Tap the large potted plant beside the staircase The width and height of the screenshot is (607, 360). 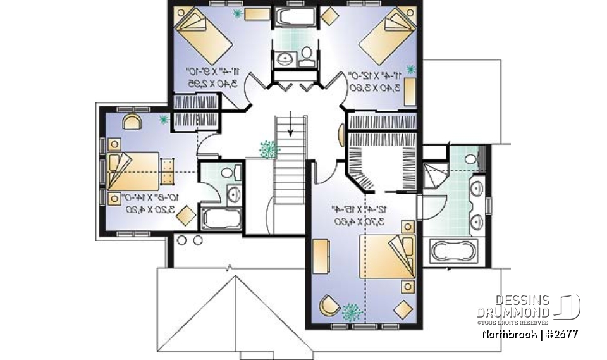(269, 149)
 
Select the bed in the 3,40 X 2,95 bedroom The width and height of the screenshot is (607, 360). (203, 34)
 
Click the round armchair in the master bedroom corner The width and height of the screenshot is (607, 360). (329, 306)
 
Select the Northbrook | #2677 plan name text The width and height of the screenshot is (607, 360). (528, 334)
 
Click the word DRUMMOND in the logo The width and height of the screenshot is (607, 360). (513, 312)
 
